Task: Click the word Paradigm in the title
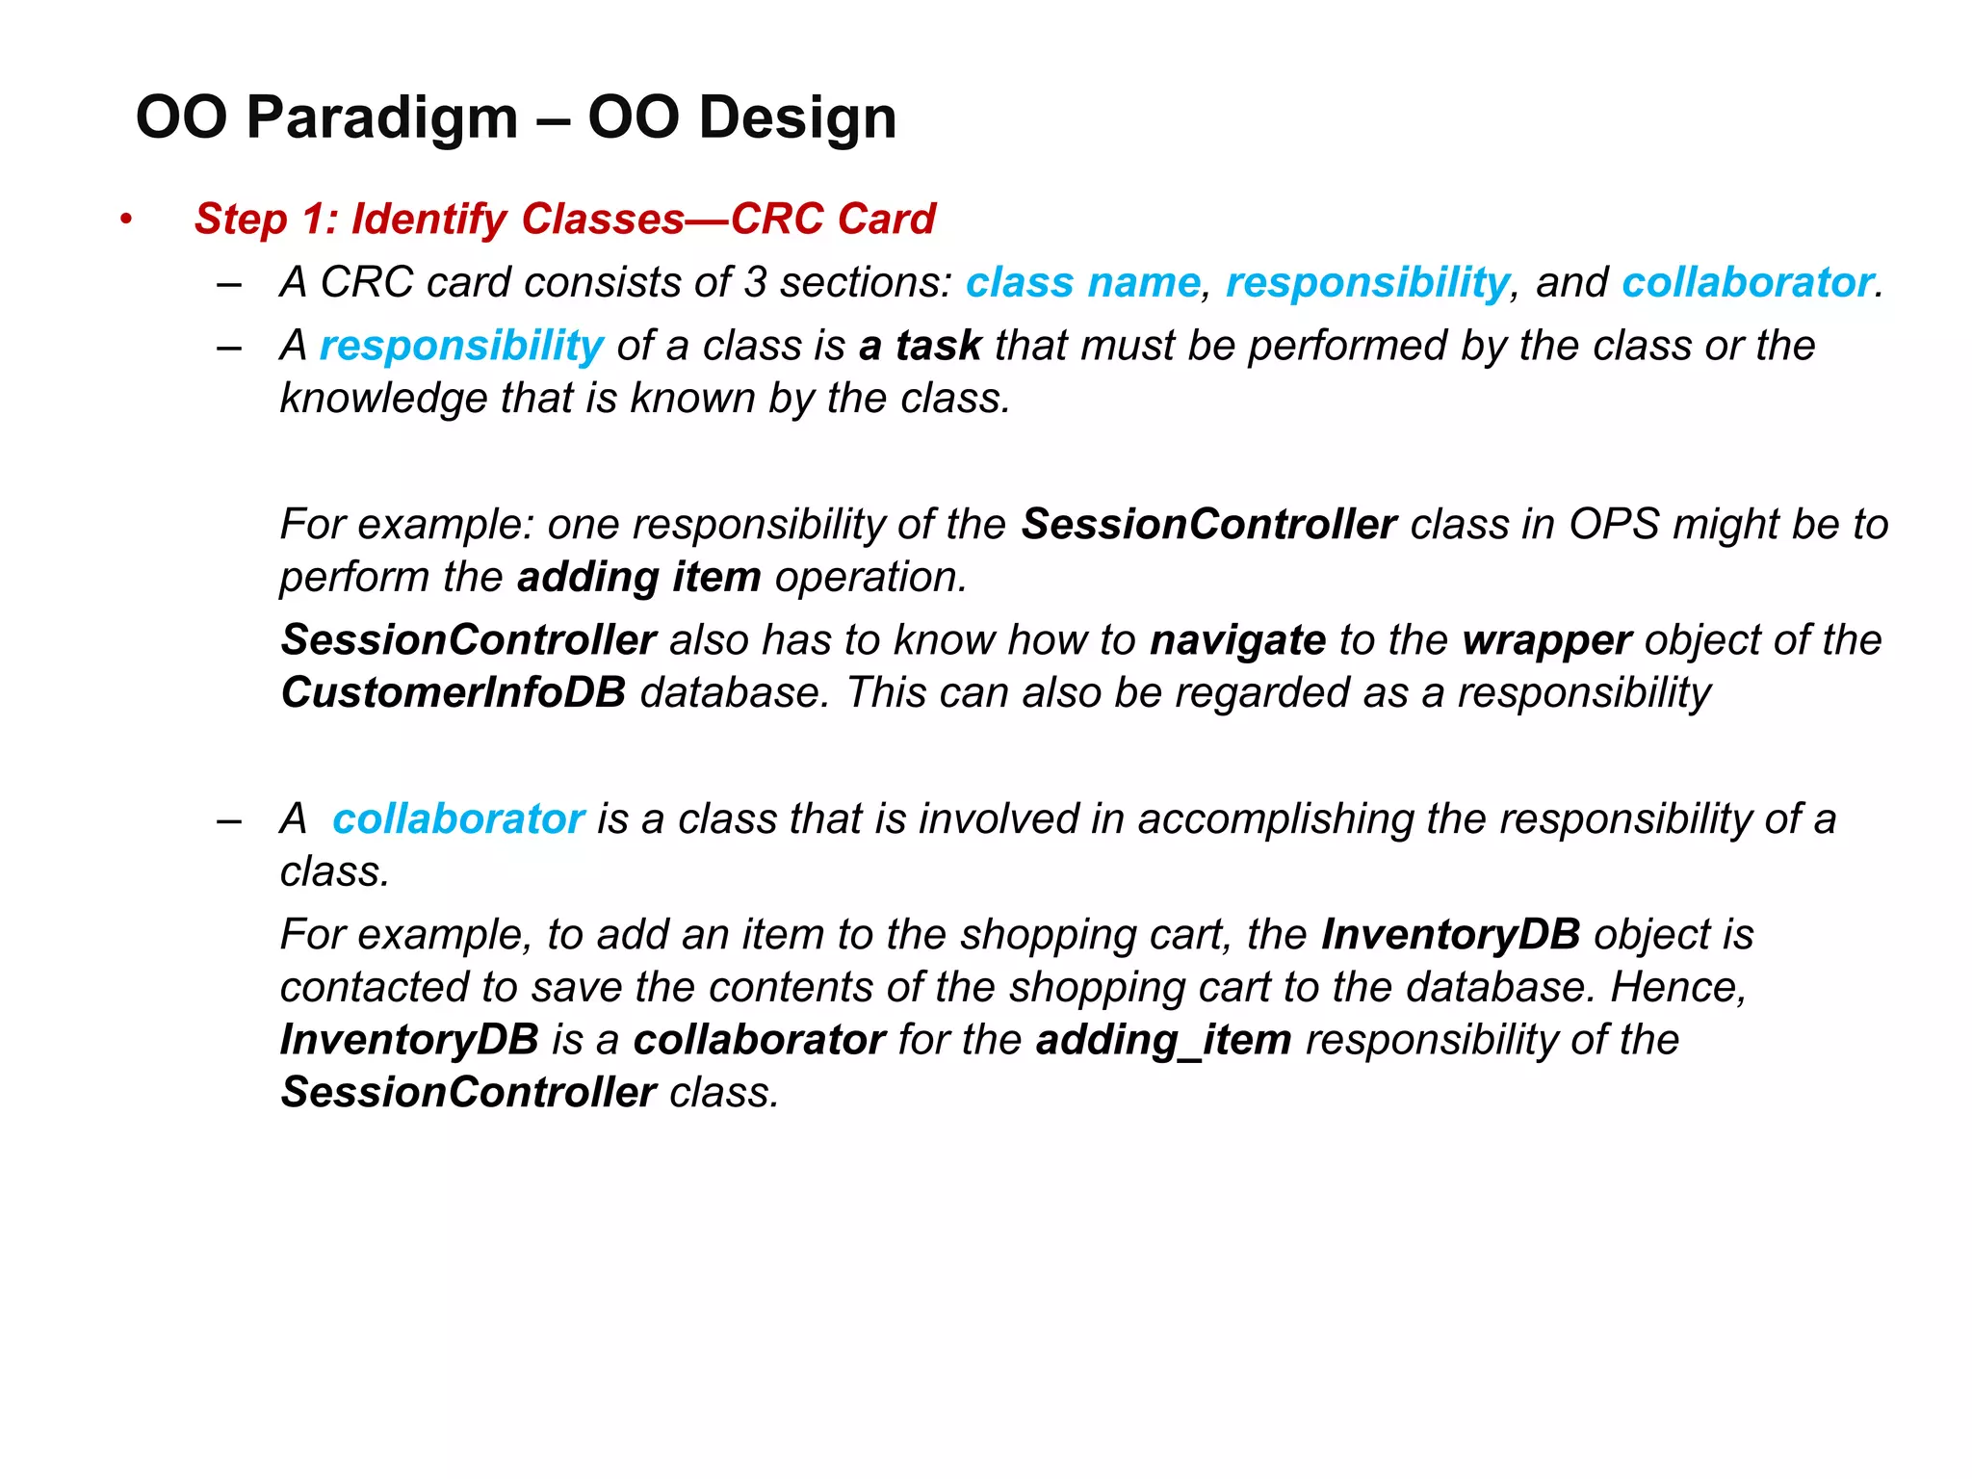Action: (382, 117)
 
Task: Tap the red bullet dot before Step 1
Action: (126, 220)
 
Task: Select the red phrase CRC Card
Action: (833, 219)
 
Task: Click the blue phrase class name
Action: (1083, 282)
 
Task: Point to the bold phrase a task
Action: (920, 345)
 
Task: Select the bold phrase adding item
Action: (639, 577)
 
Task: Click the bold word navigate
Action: (1238, 640)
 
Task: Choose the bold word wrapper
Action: (1546, 640)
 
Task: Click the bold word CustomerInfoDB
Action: (454, 693)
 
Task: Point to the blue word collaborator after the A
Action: (458, 818)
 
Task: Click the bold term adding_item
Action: (1164, 1040)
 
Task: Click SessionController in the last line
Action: (469, 1093)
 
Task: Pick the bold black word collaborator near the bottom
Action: (759, 1040)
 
